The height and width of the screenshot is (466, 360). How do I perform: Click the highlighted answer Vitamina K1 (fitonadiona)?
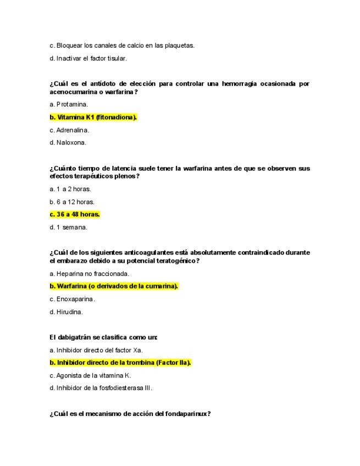point(93,117)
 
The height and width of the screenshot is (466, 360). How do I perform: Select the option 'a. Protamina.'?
point(69,104)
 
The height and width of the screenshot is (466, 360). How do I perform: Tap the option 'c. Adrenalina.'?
point(69,130)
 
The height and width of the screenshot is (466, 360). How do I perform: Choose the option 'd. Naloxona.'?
point(68,143)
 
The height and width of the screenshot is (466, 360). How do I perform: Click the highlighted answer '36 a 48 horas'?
point(75,214)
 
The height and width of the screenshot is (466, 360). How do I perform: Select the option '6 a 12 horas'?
point(72,202)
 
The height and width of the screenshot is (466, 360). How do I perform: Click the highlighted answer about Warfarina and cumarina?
point(114,286)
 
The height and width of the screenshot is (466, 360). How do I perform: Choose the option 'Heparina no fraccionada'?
point(89,273)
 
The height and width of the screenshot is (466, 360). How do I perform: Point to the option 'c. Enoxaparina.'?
point(72,299)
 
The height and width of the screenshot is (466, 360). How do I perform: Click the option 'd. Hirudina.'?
point(66,312)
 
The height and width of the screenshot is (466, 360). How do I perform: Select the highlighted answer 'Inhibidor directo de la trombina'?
point(120,362)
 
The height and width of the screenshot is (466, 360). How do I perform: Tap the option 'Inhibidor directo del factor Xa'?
point(96,349)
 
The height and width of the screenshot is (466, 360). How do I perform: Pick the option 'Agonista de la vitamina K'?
point(90,375)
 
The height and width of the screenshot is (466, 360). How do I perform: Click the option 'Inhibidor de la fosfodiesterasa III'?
point(101,388)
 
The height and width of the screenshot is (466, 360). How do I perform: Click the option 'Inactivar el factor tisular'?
point(88,58)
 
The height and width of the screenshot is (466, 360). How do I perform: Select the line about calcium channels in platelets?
point(121,45)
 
